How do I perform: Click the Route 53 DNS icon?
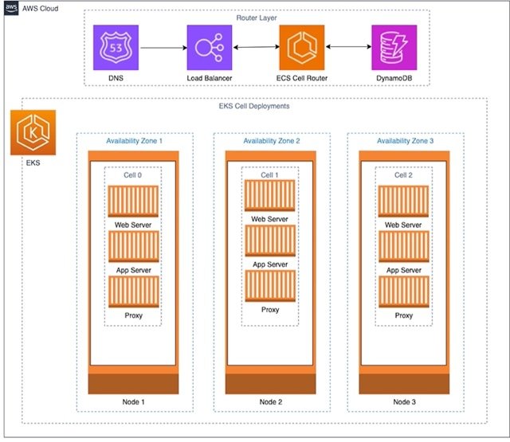(116, 48)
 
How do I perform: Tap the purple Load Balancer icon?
(210, 48)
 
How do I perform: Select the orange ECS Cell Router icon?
(302, 48)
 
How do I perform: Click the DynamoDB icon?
(394, 48)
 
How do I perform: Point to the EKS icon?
(33, 132)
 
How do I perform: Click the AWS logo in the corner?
(11, 8)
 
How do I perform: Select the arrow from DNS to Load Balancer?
(163, 48)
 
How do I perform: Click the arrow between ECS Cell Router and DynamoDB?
(348, 47)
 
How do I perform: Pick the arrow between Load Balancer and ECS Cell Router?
(257, 47)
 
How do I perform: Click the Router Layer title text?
(257, 18)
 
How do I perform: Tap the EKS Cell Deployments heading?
(254, 106)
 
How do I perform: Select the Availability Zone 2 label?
(272, 141)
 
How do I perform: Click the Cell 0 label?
(133, 175)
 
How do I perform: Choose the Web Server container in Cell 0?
(133, 201)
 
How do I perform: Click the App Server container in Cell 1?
(270, 241)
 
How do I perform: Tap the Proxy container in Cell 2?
(404, 291)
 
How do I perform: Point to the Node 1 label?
(133, 402)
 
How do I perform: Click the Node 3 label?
(404, 402)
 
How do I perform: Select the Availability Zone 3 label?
(406, 141)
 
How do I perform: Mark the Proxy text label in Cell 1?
(270, 310)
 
